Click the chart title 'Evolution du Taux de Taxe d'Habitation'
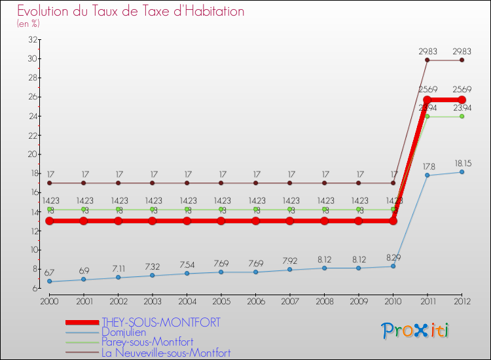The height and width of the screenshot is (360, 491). click(130, 11)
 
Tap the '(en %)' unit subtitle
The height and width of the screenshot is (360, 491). click(28, 24)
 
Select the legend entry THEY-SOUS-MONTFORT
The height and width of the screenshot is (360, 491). click(161, 322)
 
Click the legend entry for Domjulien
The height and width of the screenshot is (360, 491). click(125, 332)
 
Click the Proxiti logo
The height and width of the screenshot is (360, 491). click(416, 331)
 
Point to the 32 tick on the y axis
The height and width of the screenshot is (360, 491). click(31, 39)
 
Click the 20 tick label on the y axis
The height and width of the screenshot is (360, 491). click(31, 154)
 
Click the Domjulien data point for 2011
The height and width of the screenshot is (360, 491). click(427, 175)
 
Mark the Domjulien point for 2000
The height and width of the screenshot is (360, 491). click(49, 281)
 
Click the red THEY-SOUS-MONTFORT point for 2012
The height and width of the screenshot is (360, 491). click(462, 99)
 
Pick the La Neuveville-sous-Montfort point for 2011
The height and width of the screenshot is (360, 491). click(427, 60)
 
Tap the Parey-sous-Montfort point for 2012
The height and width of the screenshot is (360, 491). click(462, 117)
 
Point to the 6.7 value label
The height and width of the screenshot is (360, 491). click(50, 272)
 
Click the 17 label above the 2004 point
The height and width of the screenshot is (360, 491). click(187, 174)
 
